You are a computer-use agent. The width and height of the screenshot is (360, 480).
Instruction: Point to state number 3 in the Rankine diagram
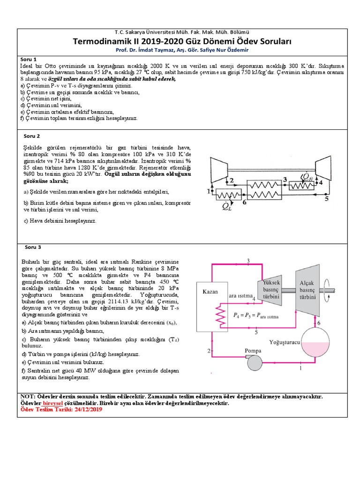point(248,261)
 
